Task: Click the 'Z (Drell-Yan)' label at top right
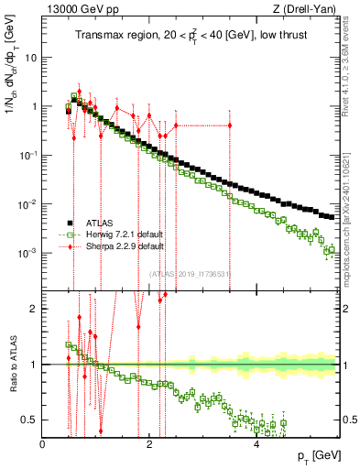307,10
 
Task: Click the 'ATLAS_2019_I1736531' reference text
190,273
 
